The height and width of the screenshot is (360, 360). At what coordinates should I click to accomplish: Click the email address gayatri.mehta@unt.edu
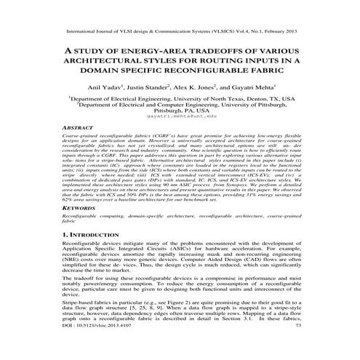(x=180, y=116)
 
